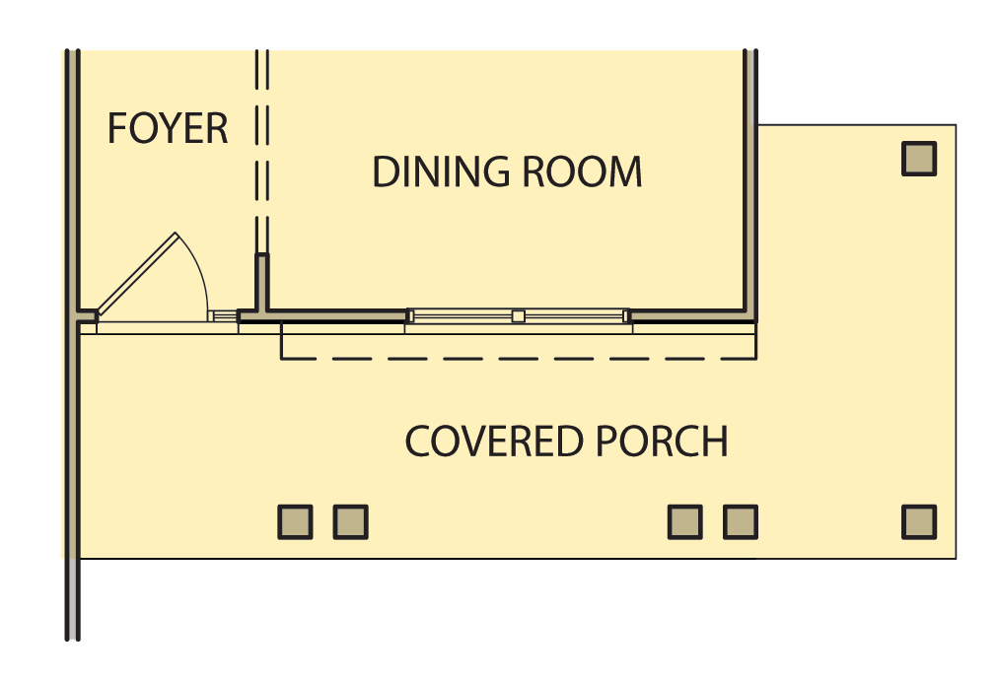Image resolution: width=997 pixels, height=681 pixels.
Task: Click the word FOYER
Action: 168,128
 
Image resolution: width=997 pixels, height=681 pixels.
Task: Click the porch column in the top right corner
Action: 919,159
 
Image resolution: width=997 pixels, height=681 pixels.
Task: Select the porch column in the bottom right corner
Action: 919,522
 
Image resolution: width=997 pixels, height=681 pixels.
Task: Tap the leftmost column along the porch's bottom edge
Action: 295,522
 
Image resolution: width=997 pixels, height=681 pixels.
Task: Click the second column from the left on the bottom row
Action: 351,522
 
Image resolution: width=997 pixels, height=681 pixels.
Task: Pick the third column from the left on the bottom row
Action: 684,522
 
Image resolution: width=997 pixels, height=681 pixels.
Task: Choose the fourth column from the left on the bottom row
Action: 741,522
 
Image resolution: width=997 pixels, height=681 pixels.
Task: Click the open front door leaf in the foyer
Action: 137,273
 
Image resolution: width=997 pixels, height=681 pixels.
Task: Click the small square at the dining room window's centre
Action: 518,316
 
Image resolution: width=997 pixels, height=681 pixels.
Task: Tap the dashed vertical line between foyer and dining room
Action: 262,153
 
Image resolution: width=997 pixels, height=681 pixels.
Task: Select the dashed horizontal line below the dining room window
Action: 518,359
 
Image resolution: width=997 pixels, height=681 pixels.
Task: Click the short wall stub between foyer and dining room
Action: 262,283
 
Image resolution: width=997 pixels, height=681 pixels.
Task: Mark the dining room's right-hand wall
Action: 750,184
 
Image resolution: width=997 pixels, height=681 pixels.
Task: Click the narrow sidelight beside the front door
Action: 223,316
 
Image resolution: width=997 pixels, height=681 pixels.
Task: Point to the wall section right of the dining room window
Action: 690,316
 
